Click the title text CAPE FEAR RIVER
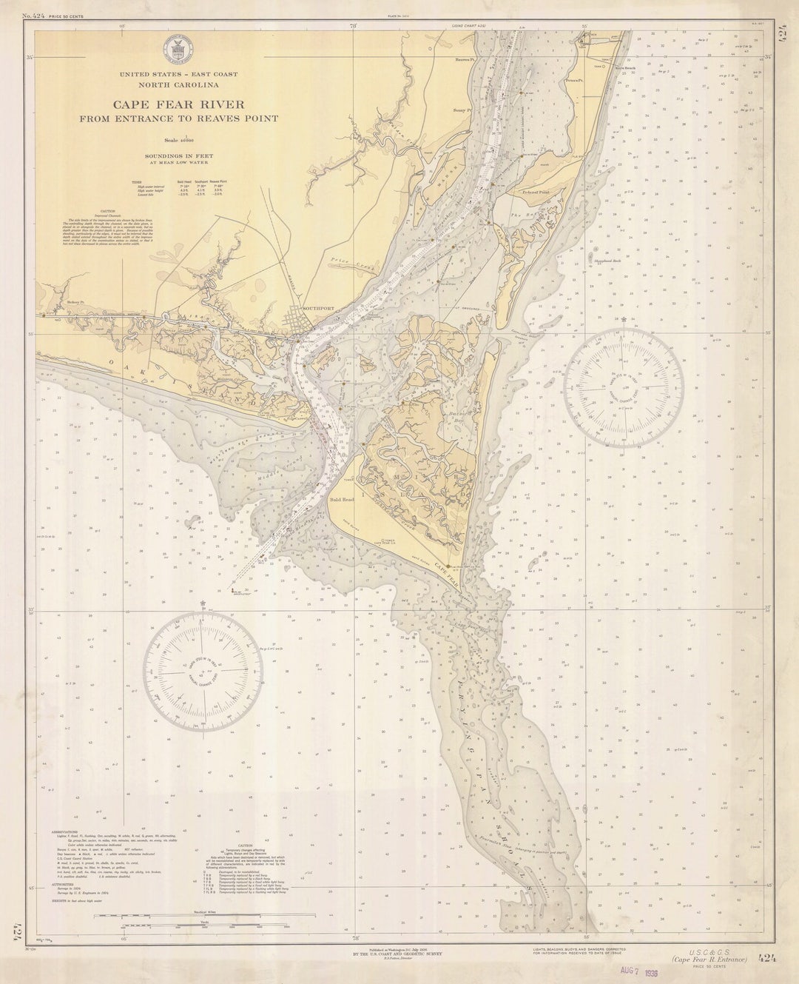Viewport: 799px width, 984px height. coord(178,104)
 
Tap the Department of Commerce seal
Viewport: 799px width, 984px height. coord(178,51)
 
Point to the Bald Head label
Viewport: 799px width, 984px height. coord(342,500)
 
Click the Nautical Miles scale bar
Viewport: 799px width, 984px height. coord(181,916)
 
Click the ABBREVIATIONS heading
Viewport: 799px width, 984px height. coord(70,831)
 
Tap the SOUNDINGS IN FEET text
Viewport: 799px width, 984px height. coord(179,157)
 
